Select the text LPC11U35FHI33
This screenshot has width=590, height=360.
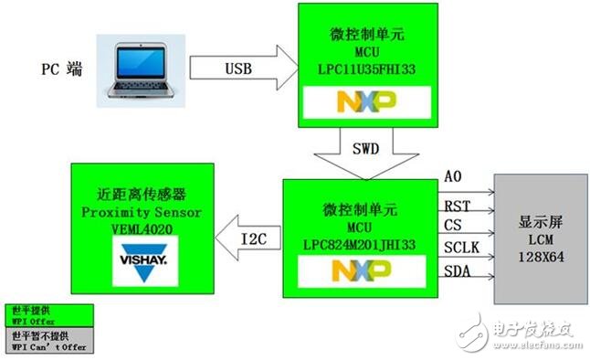[365, 69]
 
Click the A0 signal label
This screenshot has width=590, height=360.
[453, 175]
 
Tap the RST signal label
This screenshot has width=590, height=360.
[457, 206]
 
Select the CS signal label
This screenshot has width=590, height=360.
[452, 225]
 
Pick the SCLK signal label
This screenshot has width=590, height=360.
[460, 249]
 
